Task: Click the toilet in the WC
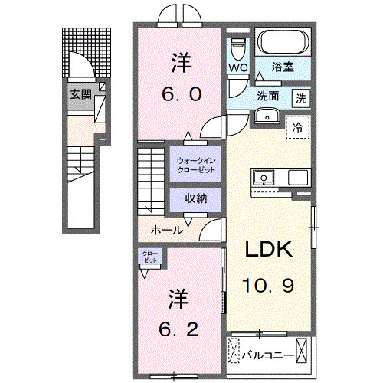237,47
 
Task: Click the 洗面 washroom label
267,97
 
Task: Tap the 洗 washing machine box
302,97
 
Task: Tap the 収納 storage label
196,198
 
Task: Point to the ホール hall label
166,230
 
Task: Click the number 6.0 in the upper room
181,94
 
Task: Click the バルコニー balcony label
267,355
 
